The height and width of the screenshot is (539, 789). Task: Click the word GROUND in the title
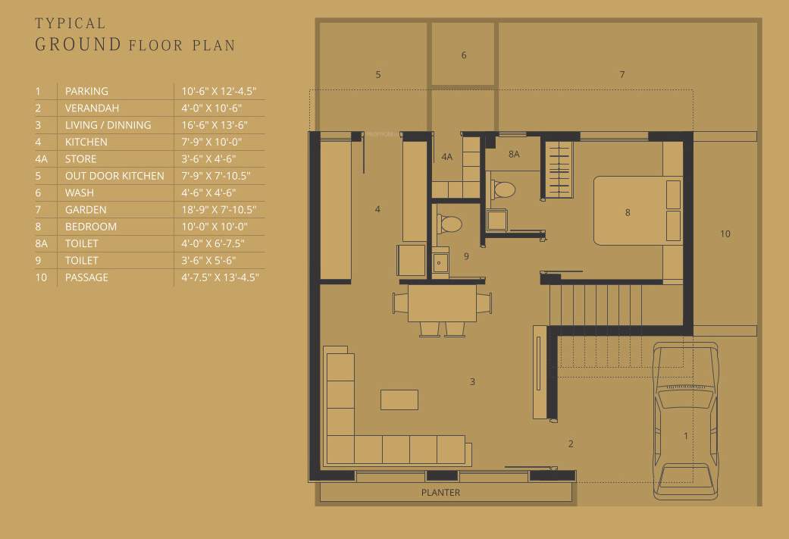pyautogui.click(x=78, y=44)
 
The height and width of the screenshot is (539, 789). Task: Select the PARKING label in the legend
pyautogui.click(x=86, y=91)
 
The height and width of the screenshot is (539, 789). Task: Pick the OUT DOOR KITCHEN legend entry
pyautogui.click(x=114, y=176)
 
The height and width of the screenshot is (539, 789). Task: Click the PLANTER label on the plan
pyautogui.click(x=440, y=493)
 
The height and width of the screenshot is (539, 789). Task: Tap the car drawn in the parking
pyautogui.click(x=685, y=421)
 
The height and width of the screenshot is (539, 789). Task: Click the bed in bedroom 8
pyautogui.click(x=637, y=212)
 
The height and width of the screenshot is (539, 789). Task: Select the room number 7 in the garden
pyautogui.click(x=621, y=74)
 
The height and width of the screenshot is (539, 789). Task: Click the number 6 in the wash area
pyautogui.click(x=464, y=55)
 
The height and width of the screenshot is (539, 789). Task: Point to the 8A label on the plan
pyautogui.click(x=514, y=155)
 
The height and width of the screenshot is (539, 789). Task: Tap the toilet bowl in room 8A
pyautogui.click(x=503, y=189)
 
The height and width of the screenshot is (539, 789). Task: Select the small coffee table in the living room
pyautogui.click(x=399, y=400)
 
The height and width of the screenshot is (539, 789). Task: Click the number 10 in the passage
pyautogui.click(x=725, y=233)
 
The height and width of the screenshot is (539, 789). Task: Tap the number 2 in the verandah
pyautogui.click(x=571, y=443)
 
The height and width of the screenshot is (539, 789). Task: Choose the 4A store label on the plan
pyautogui.click(x=446, y=157)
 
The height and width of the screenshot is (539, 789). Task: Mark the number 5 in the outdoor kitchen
pyautogui.click(x=377, y=74)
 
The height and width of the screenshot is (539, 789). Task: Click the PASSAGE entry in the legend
pyautogui.click(x=86, y=277)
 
